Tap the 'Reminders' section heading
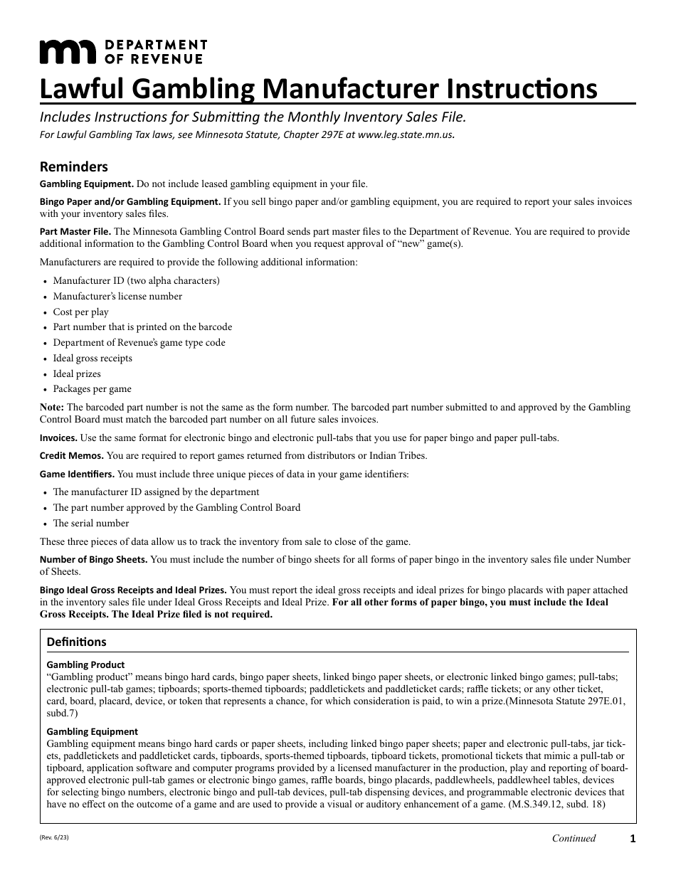(x=74, y=167)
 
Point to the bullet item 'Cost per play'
(x=81, y=312)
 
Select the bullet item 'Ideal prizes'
(x=77, y=373)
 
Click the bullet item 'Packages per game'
(x=92, y=389)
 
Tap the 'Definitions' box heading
(x=76, y=642)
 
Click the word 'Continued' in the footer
(x=574, y=838)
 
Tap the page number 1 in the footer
(x=632, y=839)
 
